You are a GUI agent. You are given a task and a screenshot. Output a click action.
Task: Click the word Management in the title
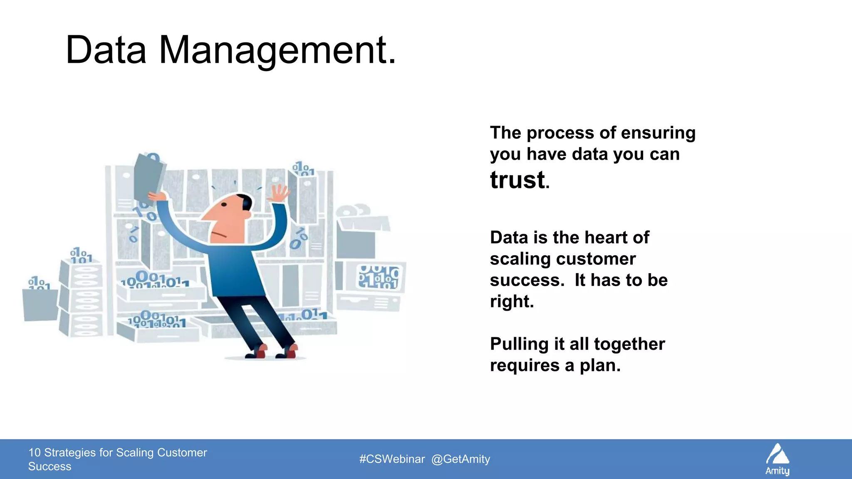click(277, 51)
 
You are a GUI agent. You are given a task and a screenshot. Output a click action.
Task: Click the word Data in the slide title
click(106, 51)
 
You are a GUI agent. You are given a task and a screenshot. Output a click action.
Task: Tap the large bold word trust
click(518, 180)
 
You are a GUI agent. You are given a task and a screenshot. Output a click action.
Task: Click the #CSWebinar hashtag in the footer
click(392, 459)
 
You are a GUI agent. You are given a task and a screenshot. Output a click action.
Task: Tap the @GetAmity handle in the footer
click(461, 459)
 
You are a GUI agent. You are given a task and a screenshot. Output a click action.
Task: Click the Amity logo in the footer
click(778, 459)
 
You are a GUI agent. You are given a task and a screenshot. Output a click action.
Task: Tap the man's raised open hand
click(279, 193)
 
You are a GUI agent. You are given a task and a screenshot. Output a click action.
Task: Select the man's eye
click(224, 205)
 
